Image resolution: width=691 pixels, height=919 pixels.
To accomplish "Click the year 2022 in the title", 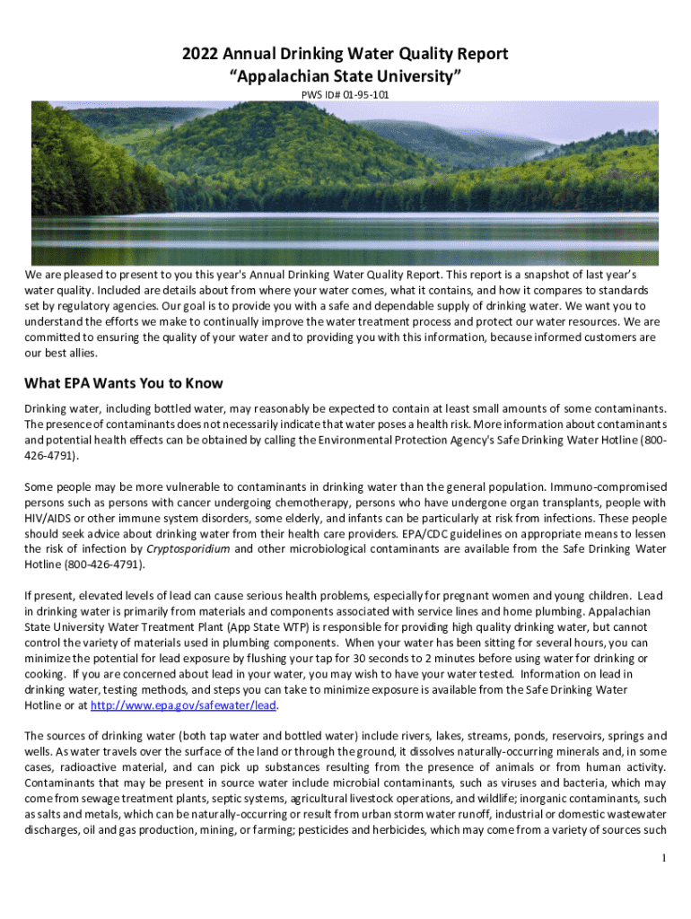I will click(200, 55).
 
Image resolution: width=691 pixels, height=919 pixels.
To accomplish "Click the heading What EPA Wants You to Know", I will click(124, 383).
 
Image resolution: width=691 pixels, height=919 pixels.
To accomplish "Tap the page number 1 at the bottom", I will click(662, 858).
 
